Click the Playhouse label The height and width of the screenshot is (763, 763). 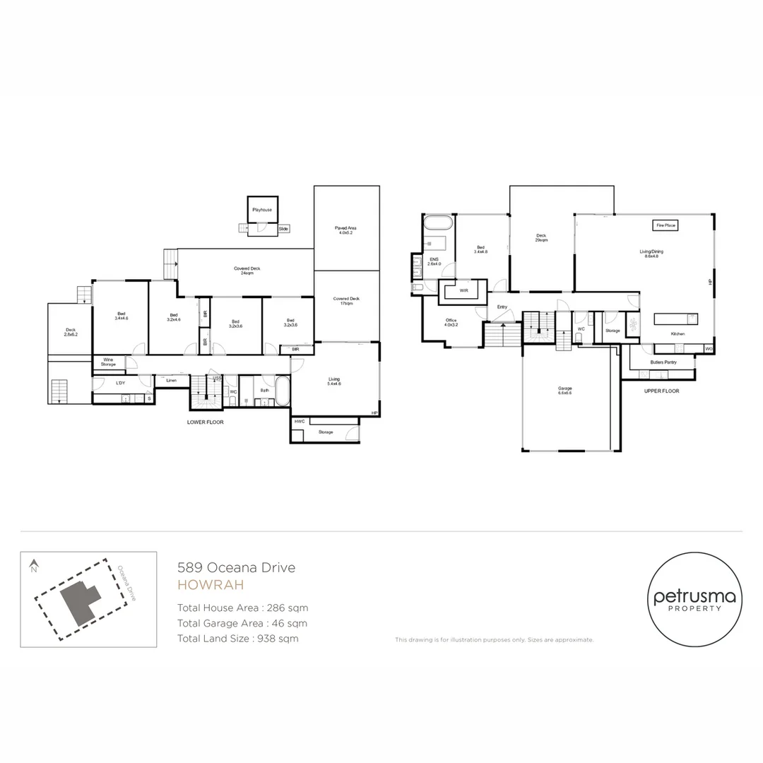coord(262,210)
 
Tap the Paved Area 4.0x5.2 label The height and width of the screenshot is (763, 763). coord(345,230)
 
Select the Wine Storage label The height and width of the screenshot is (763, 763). coord(107,362)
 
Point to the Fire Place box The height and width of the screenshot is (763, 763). coord(666,225)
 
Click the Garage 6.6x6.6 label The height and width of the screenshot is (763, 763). coord(564,391)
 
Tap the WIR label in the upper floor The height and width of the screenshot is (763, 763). coord(463,290)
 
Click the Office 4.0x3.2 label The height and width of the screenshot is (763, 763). coord(451,322)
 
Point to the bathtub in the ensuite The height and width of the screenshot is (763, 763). coord(438,225)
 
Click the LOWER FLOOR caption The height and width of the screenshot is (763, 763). coord(205,422)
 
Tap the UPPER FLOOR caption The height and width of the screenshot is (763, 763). coord(661,391)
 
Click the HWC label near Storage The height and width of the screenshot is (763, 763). coord(299,421)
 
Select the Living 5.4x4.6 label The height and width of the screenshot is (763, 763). coord(333,381)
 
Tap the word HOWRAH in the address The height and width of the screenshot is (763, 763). coord(210,585)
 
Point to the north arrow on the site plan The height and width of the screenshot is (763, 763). coord(32,565)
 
